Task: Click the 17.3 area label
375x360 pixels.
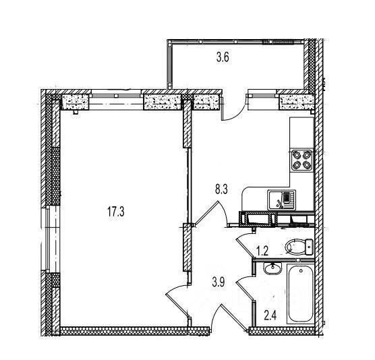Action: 116,212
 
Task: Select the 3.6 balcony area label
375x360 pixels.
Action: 223,57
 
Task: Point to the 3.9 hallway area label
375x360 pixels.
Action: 218,282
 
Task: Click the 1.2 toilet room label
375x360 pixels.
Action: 262,251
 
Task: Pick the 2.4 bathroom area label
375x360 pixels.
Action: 270,316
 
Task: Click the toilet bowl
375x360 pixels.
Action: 299,247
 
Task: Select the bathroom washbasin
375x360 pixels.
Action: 272,269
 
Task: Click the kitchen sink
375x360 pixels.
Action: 281,200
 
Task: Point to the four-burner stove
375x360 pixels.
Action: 301,160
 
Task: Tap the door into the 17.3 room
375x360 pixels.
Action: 177,299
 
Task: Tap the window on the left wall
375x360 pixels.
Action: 49,239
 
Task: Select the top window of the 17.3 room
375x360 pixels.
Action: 116,99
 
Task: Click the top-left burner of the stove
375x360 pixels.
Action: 297,156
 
